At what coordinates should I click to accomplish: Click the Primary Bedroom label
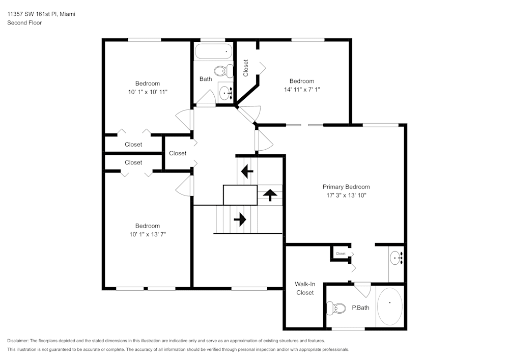click(346, 187)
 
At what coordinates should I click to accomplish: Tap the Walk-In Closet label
click(304, 288)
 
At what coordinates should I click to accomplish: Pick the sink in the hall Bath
click(225, 92)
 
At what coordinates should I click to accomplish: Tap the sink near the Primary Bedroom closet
click(397, 259)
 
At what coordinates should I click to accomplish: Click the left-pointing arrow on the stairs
click(247, 172)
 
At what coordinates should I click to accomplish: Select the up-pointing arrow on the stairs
click(270, 195)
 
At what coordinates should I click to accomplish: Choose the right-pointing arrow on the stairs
click(240, 219)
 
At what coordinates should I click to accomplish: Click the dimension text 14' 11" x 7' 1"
click(302, 89)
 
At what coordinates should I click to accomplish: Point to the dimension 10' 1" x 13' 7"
click(147, 234)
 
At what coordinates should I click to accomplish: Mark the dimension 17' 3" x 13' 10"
click(346, 195)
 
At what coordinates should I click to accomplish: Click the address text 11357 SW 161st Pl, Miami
click(41, 14)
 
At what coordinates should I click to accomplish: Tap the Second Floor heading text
click(24, 23)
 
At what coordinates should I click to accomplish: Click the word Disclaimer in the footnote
click(18, 341)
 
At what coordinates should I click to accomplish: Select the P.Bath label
click(360, 308)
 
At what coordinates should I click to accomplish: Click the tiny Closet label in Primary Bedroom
click(341, 254)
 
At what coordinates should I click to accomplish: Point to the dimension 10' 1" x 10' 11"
click(147, 92)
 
